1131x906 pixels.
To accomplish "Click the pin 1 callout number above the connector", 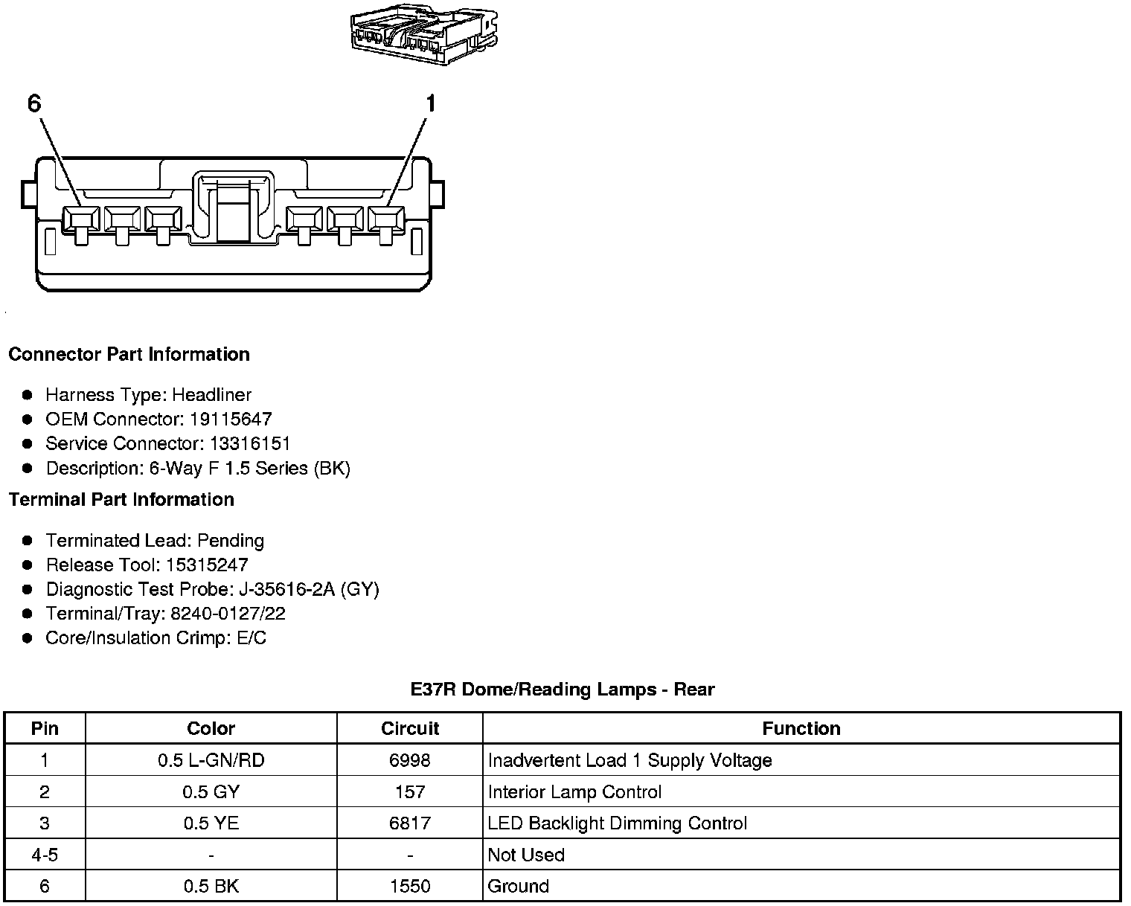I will tap(429, 103).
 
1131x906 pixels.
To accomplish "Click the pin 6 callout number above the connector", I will tap(34, 103).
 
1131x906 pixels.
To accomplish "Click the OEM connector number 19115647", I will tap(231, 419).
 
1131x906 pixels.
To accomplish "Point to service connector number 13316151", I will tap(250, 443).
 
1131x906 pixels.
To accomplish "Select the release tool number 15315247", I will tap(208, 565).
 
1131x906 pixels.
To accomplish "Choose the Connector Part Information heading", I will tap(129, 354).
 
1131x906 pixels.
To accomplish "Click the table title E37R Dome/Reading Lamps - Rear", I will tap(562, 690).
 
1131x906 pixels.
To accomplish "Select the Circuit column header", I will tap(410, 728).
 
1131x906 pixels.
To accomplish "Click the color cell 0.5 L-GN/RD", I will tap(211, 760).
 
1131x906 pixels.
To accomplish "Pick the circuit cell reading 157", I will tap(410, 792).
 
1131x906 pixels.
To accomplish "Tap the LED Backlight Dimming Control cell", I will tap(617, 823).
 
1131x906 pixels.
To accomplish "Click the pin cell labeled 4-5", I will tap(45, 855).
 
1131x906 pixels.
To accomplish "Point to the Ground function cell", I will tap(518, 886).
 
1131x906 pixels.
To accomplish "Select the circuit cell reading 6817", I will tap(410, 823).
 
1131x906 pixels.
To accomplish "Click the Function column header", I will tap(801, 728).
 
